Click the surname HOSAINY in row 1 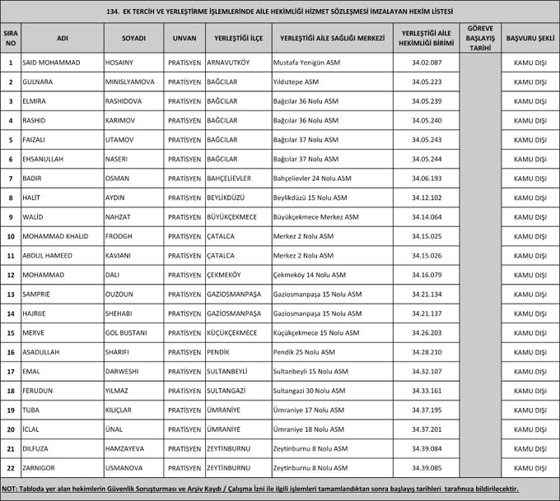tap(122, 63)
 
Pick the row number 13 tap(11, 294)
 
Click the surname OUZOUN tap(121, 294)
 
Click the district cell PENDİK tap(220, 352)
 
